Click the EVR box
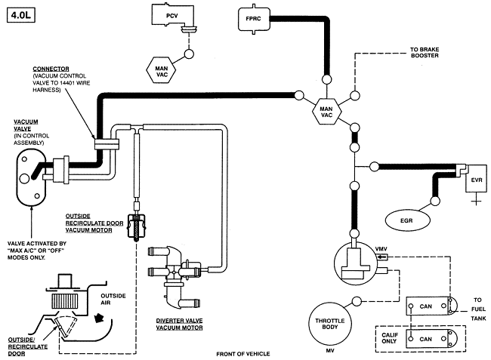475,180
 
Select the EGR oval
413,220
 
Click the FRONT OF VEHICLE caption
243,353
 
